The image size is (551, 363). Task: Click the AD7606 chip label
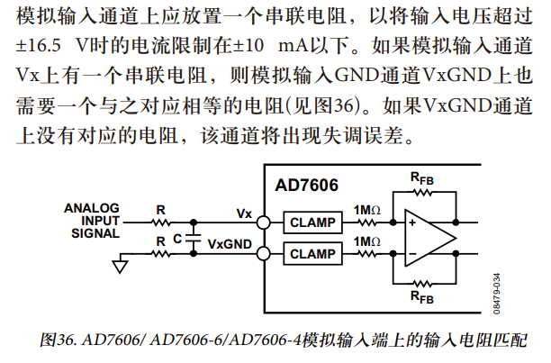pyautogui.click(x=306, y=186)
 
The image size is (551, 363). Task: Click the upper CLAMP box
pyautogui.click(x=312, y=222)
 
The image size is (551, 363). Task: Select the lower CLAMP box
pyautogui.click(x=312, y=254)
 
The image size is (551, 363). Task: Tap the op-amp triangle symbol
pyautogui.click(x=429, y=237)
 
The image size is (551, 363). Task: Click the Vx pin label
pyautogui.click(x=244, y=213)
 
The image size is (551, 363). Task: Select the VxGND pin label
pyautogui.click(x=230, y=243)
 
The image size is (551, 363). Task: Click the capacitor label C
pyautogui.click(x=178, y=239)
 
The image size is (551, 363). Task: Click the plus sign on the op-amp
pyautogui.click(x=412, y=222)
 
